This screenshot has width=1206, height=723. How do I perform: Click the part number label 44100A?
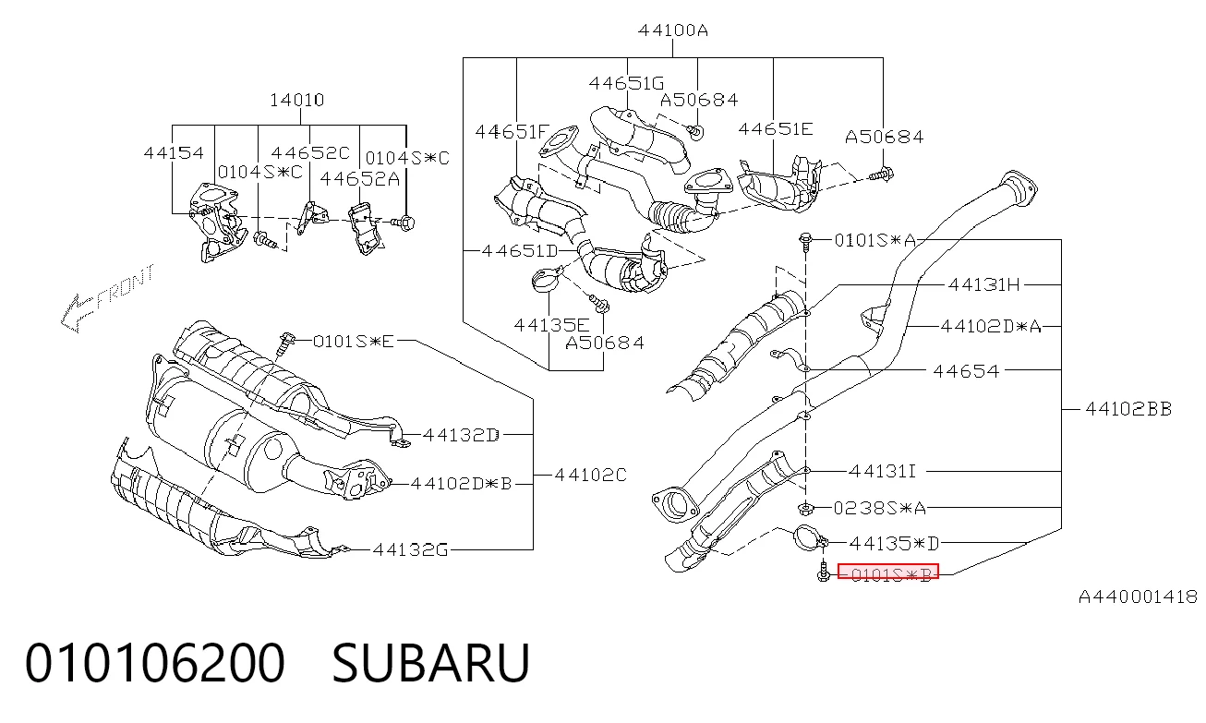click(672, 30)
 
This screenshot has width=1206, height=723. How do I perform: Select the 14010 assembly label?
click(296, 100)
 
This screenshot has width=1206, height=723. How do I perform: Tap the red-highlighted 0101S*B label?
click(888, 572)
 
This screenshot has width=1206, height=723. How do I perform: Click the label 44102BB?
click(1128, 409)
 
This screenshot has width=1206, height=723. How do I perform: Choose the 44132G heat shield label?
click(410, 549)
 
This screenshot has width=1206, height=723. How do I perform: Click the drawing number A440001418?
click(1138, 596)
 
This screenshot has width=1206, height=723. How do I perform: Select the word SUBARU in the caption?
click(430, 663)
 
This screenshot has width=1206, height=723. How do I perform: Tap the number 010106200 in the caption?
click(155, 663)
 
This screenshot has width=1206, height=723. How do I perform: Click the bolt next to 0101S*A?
click(805, 242)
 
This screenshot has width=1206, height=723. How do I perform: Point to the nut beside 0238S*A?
click(805, 508)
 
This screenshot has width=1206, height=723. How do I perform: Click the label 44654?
click(966, 371)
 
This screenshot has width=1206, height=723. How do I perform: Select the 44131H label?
click(983, 284)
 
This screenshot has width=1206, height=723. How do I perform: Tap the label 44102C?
click(591, 475)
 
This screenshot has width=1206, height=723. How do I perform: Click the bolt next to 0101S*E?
click(287, 343)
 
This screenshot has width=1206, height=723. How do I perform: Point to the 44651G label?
click(626, 83)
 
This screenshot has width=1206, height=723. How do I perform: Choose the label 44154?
click(174, 153)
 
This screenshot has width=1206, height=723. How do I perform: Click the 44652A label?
click(360, 179)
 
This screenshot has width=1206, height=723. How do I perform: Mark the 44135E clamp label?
click(552, 325)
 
